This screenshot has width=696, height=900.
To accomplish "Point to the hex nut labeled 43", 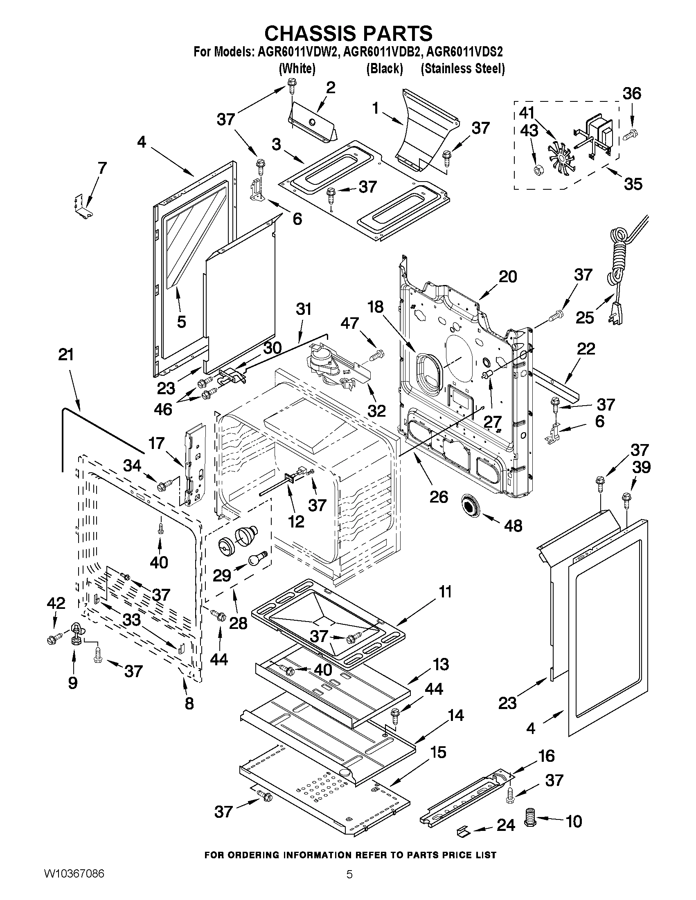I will [538, 170].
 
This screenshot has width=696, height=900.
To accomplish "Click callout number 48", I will [513, 526].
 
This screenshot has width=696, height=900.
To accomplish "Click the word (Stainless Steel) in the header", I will [463, 68].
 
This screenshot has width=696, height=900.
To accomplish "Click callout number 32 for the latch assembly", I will [376, 411].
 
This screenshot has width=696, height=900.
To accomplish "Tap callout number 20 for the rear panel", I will [507, 276].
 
